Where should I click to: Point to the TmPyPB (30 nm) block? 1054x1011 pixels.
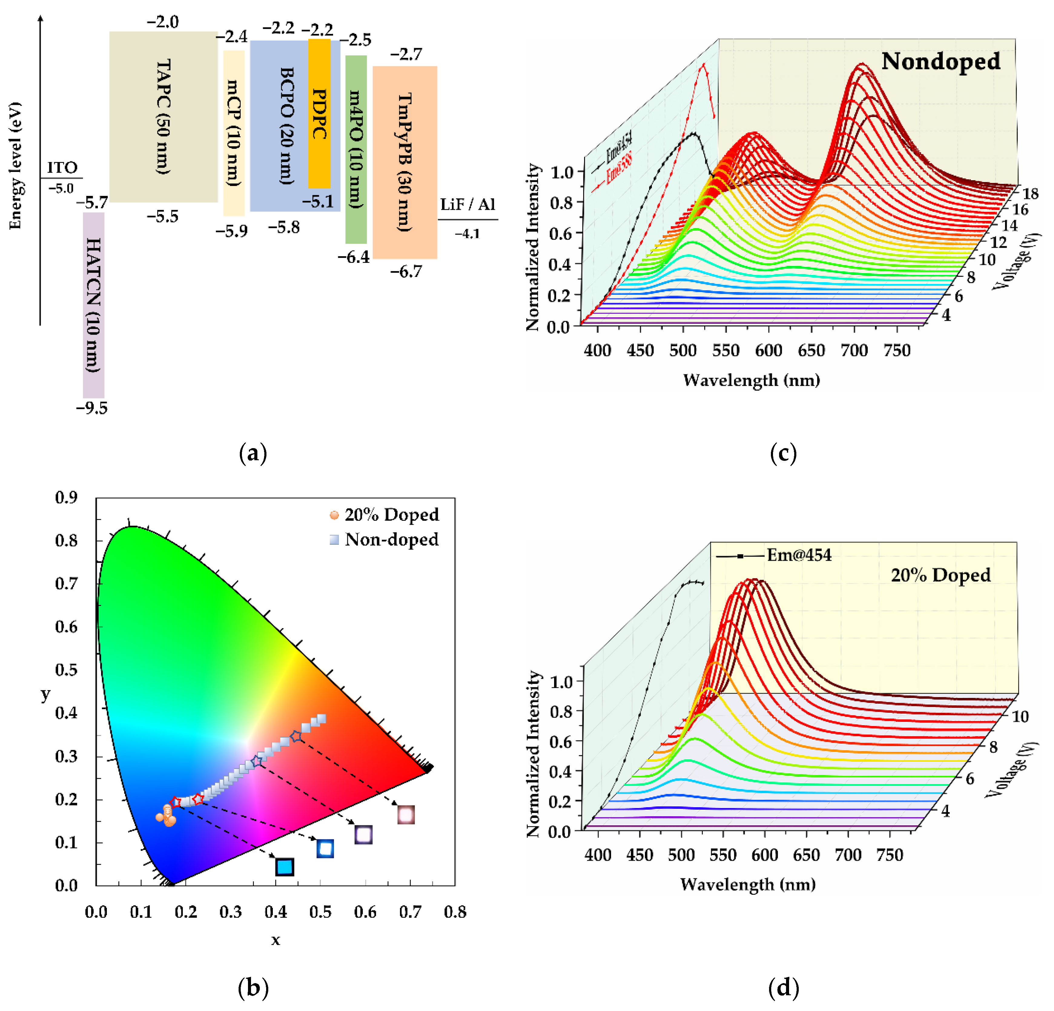pos(405,162)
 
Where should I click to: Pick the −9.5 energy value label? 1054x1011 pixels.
pos(92,408)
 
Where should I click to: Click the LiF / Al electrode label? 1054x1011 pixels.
pos(467,204)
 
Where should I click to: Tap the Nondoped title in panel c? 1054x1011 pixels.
pos(940,61)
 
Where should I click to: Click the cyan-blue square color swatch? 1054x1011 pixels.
pos(285,867)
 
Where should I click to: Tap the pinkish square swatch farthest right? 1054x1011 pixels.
pos(406,815)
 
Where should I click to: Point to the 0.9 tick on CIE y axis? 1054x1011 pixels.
pos(66,497)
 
